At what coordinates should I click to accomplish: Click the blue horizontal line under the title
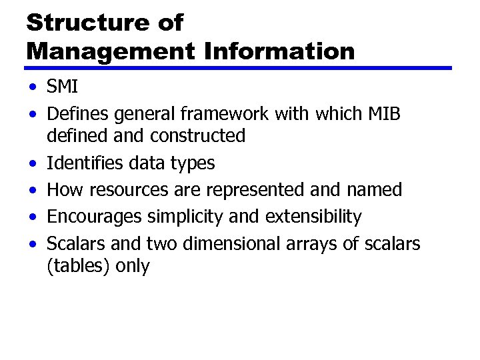point(239,68)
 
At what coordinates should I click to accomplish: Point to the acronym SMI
point(63,87)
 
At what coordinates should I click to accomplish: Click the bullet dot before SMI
point(32,87)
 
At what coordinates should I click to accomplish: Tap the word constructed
point(197,136)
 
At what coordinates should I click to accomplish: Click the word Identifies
point(81,163)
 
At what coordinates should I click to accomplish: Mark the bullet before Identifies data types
point(32,163)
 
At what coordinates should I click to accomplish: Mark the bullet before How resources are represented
point(32,191)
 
